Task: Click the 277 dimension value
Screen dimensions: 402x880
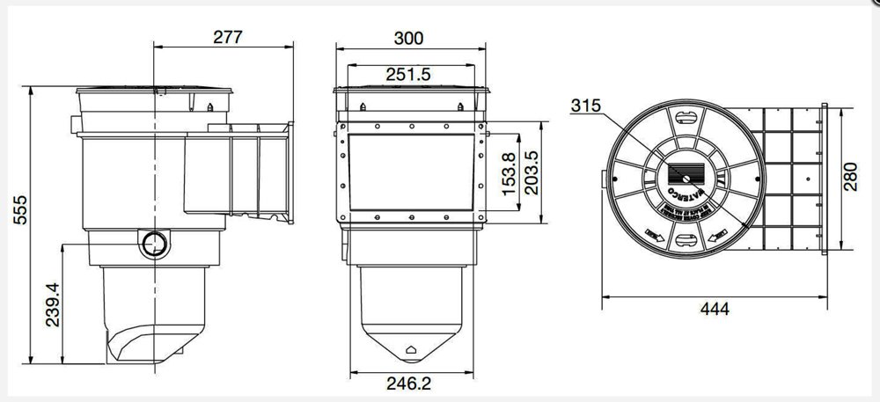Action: point(227,37)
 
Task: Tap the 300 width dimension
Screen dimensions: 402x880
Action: point(409,38)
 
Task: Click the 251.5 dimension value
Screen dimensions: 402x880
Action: point(408,75)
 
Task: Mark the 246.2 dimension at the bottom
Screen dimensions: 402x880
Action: point(410,384)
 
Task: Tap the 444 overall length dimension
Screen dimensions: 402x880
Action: point(715,310)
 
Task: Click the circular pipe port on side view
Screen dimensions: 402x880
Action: point(156,242)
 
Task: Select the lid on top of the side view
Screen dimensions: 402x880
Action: point(155,91)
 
